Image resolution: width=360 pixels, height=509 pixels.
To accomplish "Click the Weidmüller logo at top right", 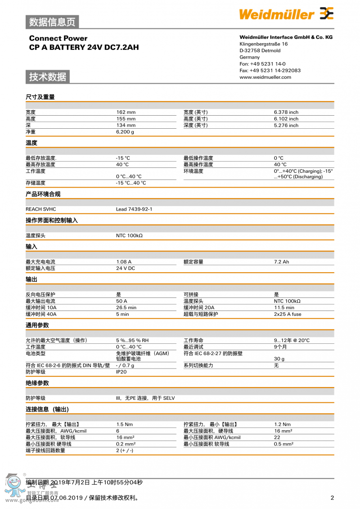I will (x=286, y=14).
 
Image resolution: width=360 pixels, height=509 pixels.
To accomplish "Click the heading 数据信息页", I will (x=52, y=22).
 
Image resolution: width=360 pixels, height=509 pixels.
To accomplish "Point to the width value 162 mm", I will (x=126, y=112).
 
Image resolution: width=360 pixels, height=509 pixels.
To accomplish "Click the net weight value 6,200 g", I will (x=125, y=132).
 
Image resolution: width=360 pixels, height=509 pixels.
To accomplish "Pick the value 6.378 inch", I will (x=286, y=112).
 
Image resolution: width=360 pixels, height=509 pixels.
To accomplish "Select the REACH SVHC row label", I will (x=41, y=209).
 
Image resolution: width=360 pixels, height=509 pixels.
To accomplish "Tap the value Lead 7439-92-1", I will (x=134, y=209).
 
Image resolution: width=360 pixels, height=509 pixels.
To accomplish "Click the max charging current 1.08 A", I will (x=124, y=261).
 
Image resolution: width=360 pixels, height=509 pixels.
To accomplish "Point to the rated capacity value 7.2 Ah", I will (x=282, y=261).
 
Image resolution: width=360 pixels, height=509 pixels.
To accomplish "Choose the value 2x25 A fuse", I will (x=288, y=314).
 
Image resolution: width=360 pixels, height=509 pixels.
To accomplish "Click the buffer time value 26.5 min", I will (x=126, y=307).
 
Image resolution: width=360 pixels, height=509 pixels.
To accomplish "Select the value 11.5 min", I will (x=284, y=307).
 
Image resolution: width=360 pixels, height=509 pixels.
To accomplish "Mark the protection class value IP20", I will (x=121, y=372).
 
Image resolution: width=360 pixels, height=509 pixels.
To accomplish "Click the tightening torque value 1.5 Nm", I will (x=125, y=424).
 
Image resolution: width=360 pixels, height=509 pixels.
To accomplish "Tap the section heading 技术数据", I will (x=48, y=77).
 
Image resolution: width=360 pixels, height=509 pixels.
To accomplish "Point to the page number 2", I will (x=332, y=498).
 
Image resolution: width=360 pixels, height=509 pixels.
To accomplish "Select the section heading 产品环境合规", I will (x=43, y=194).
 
